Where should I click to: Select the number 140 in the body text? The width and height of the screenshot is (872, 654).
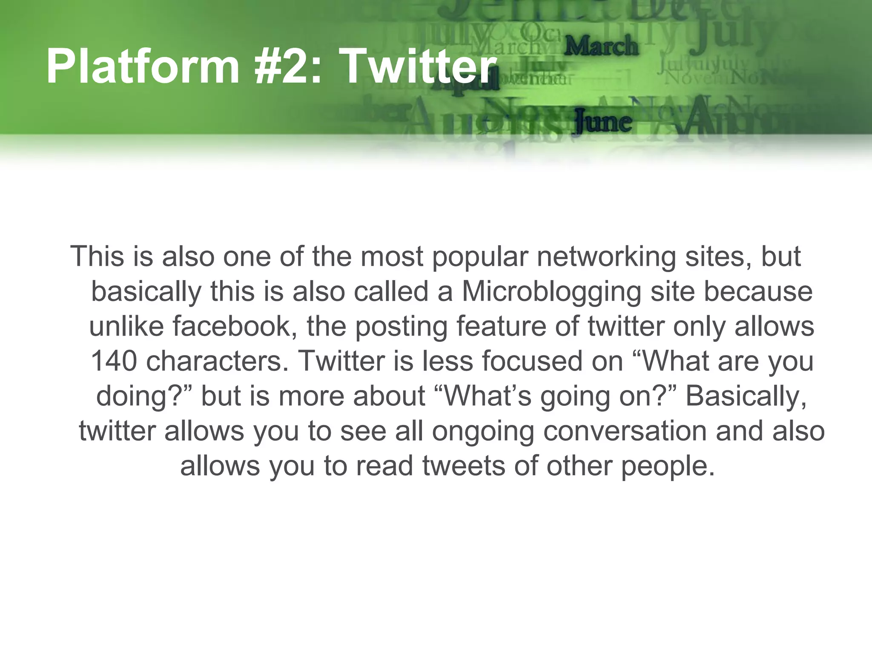114,361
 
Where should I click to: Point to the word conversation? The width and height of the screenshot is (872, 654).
625,431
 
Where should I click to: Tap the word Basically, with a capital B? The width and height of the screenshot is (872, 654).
746,396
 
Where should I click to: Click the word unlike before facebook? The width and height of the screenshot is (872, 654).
126,327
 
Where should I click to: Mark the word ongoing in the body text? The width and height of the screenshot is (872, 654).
483,431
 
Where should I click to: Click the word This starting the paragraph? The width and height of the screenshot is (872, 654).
99,257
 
